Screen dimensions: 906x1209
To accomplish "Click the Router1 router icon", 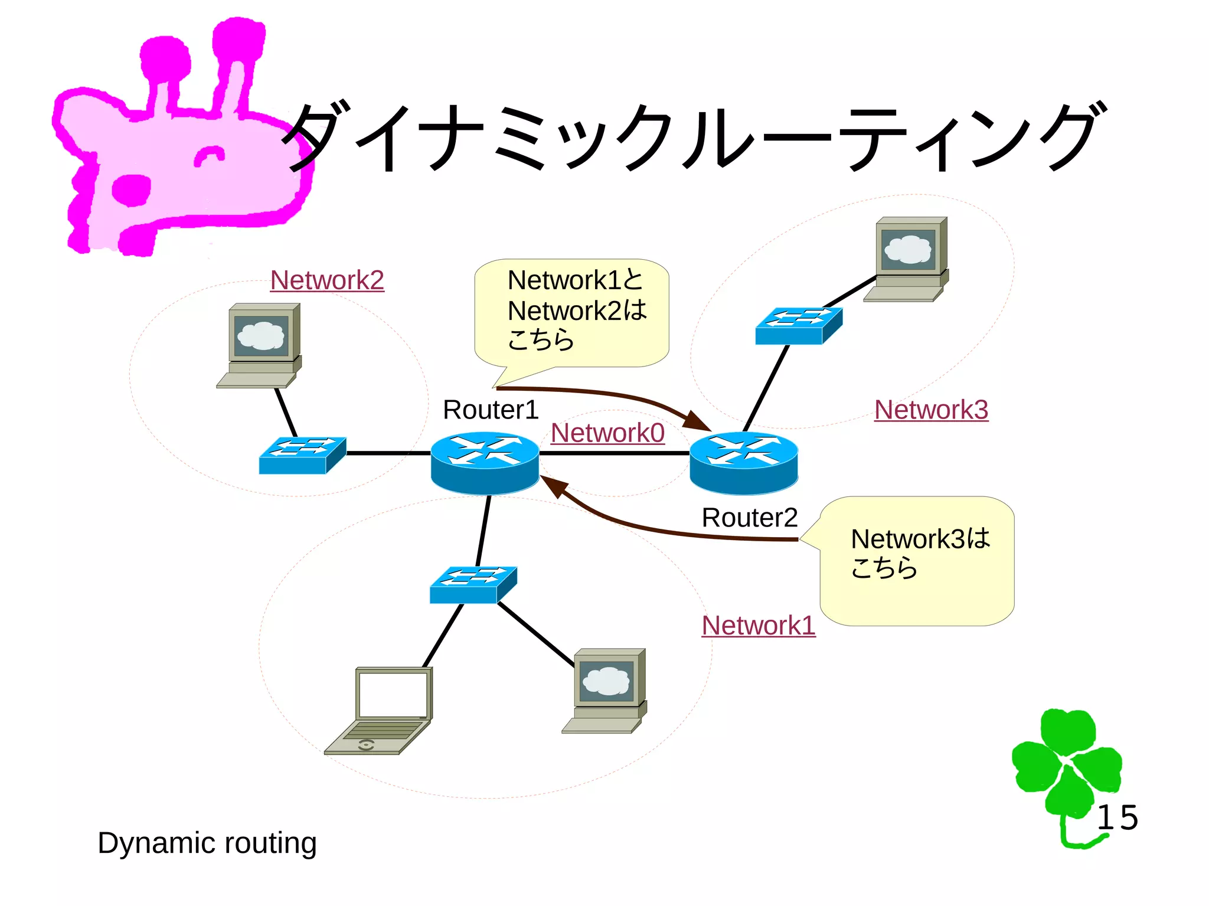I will click(x=485, y=462).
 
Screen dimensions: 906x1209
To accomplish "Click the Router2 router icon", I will click(x=744, y=462).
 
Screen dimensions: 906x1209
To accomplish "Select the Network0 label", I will click(x=607, y=433).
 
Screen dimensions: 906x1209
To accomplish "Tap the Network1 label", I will click(x=759, y=625).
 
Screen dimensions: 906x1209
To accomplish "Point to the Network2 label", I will click(x=327, y=280).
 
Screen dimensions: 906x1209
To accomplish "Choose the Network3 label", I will click(x=931, y=410).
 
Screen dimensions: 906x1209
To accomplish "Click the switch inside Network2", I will click(x=302, y=455).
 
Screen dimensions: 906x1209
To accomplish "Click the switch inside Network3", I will click(x=799, y=326).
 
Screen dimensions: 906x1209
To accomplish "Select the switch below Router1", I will click(x=473, y=584).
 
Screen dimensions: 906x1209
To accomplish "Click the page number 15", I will click(x=1117, y=818).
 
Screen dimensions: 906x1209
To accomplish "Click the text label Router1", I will click(x=491, y=410).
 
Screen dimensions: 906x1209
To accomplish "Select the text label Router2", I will click(x=749, y=518).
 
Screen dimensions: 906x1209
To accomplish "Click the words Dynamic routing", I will click(x=207, y=843).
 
